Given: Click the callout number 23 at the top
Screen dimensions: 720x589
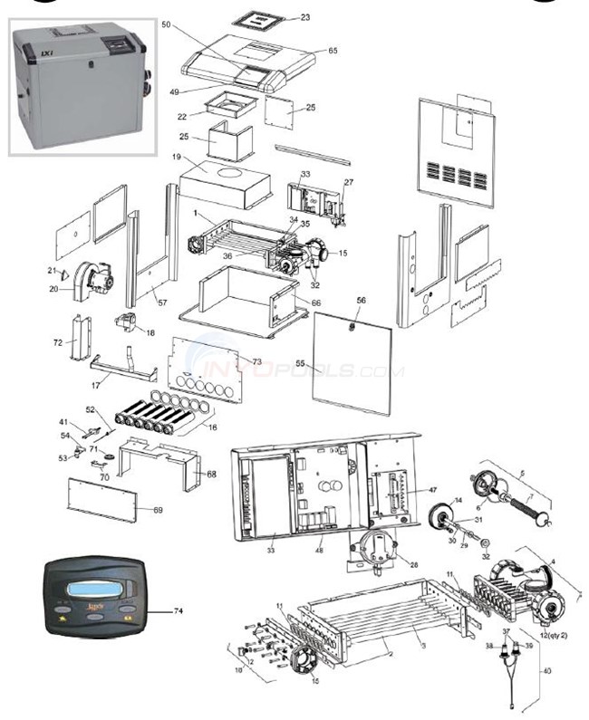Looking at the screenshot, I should (304, 17).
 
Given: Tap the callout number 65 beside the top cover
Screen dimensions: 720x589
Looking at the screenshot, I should (333, 51).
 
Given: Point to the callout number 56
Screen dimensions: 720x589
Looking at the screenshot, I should (361, 300).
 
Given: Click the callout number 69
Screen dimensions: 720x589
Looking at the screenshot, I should (158, 511).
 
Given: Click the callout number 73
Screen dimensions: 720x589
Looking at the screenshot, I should (256, 362).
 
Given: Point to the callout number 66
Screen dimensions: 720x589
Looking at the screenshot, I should (316, 302).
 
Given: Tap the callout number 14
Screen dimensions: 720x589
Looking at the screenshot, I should (458, 501).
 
